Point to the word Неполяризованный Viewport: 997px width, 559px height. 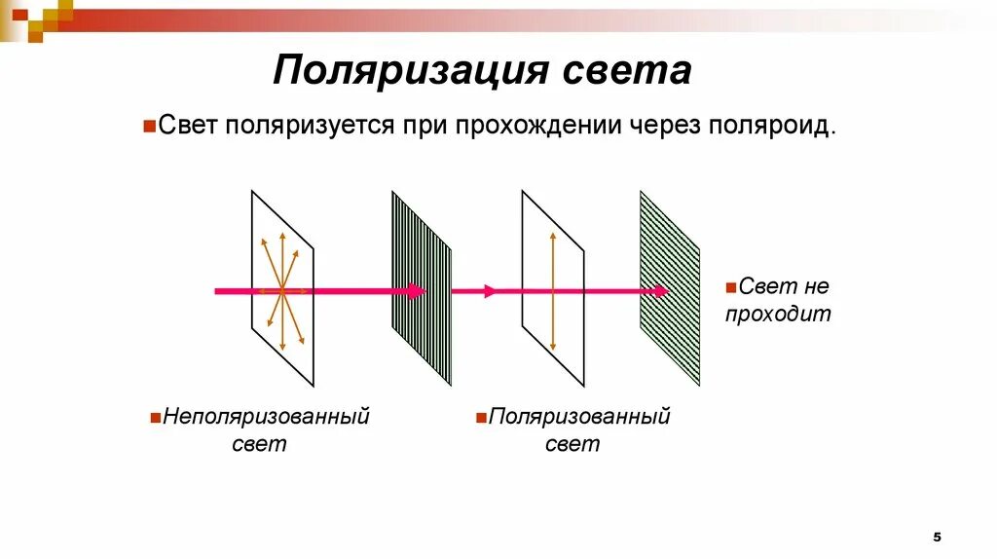pyautogui.click(x=267, y=417)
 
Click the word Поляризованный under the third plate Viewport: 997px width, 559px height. pyautogui.click(x=579, y=417)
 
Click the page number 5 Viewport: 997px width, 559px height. pyautogui.click(x=938, y=537)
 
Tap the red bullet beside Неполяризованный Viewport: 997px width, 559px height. pyautogui.click(x=156, y=418)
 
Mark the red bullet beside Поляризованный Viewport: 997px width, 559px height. pyautogui.click(x=481, y=418)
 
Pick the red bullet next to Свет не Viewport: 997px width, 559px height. pyautogui.click(x=730, y=287)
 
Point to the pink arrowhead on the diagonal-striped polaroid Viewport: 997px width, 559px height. pyautogui.click(x=662, y=290)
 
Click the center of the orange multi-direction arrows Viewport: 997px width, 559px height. pyautogui.click(x=281, y=290)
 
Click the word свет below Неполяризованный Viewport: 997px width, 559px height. pyautogui.click(x=259, y=444)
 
